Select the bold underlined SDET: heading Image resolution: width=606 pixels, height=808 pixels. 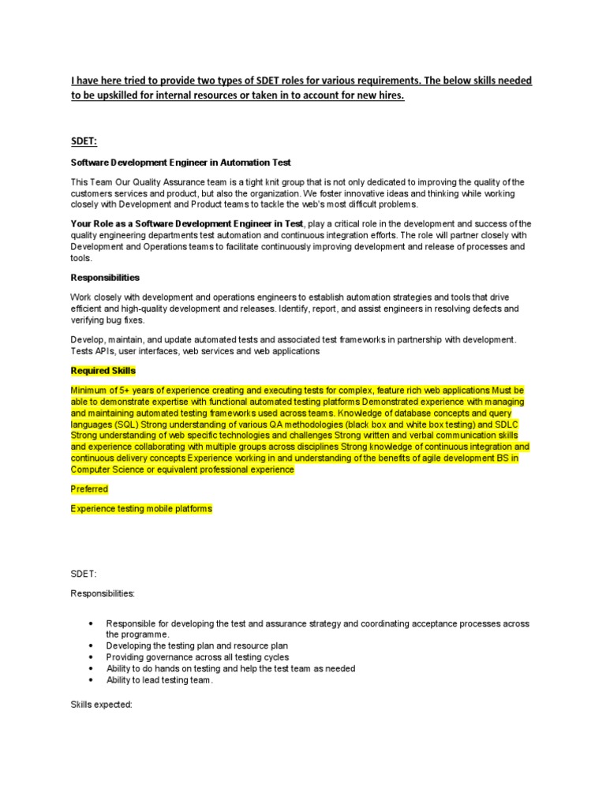click(84, 140)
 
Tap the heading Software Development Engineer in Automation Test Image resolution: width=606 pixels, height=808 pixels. click(181, 163)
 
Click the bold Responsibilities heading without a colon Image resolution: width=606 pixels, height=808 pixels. click(105, 278)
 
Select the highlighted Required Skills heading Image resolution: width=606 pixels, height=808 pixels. click(103, 370)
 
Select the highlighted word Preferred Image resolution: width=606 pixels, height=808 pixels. click(89, 489)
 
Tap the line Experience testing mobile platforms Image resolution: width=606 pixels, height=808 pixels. click(141, 509)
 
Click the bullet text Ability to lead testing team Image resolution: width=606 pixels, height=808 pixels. click(159, 679)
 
